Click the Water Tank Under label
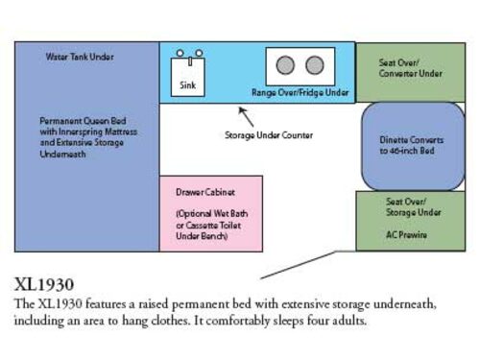point(80,57)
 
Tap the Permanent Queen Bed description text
point(84,136)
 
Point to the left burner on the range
point(285,65)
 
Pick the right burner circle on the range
point(314,65)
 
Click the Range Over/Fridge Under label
point(300,93)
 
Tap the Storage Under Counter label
point(269,135)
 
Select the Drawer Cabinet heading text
point(205,191)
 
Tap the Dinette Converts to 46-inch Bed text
point(412,145)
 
